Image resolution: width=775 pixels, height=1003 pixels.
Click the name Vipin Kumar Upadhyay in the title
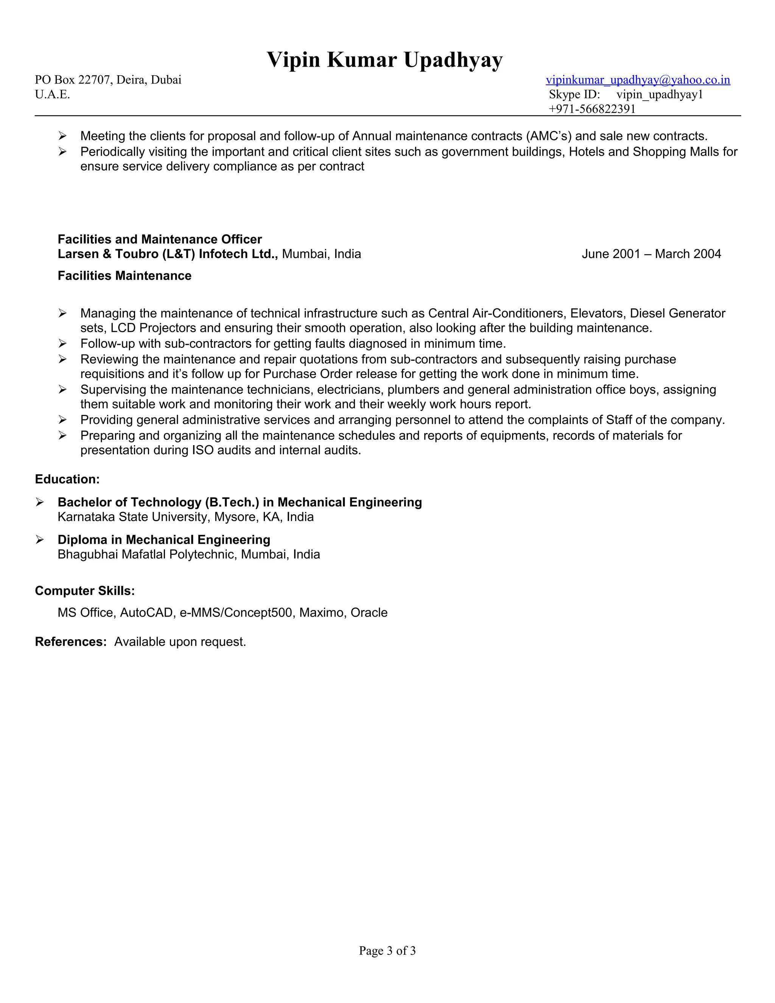[x=385, y=60]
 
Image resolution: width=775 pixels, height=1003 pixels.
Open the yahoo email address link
[x=638, y=80]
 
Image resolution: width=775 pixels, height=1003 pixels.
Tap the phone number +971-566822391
[x=592, y=109]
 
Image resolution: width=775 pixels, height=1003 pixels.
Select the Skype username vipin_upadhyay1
[x=659, y=95]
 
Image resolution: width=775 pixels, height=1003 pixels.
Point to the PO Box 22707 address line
[x=108, y=80]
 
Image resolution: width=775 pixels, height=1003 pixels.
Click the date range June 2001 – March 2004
[x=651, y=254]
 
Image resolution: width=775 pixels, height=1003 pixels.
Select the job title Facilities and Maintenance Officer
[x=160, y=239]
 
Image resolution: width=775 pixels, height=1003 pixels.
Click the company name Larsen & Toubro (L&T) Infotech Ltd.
[x=168, y=254]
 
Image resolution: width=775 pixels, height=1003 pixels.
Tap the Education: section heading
[x=67, y=480]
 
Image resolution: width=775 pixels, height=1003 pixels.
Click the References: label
[x=71, y=642]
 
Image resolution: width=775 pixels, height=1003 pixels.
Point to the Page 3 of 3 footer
[x=387, y=951]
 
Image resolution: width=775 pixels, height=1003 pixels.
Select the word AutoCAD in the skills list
[x=146, y=613]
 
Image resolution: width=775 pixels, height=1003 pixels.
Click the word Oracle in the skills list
[x=369, y=613]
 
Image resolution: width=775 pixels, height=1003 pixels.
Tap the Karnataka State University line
[x=185, y=517]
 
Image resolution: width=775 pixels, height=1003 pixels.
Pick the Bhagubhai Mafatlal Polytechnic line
[x=189, y=554]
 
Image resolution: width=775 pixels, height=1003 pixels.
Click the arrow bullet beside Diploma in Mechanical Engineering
[x=40, y=540]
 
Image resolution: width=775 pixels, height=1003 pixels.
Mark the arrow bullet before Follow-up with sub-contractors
[x=62, y=344]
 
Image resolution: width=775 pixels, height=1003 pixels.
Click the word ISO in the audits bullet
[x=202, y=450]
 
